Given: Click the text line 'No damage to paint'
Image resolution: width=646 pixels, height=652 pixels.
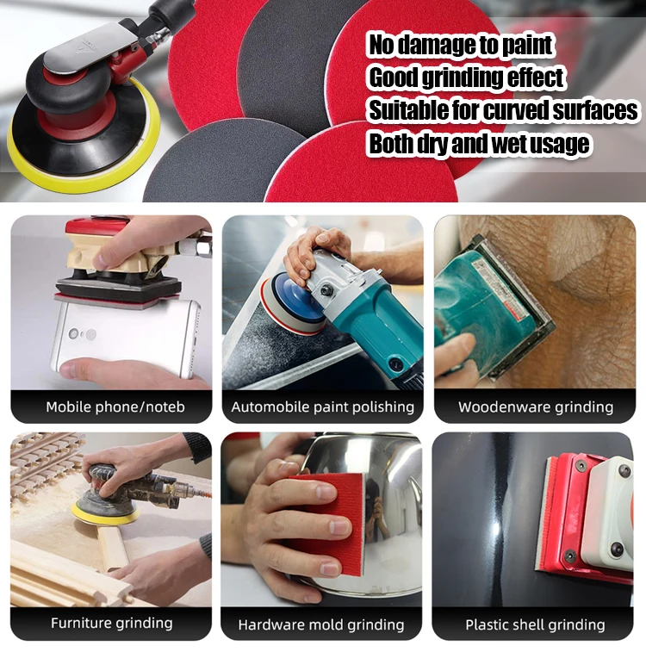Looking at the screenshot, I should click(461, 45).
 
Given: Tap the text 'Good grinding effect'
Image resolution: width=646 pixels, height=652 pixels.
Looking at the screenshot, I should click(466, 78).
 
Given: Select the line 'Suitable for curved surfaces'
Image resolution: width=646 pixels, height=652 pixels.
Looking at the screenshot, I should click(503, 110).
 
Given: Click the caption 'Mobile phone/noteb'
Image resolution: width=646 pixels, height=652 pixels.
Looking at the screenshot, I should click(115, 407).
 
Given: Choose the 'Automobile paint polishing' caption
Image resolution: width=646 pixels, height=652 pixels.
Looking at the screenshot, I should click(322, 407).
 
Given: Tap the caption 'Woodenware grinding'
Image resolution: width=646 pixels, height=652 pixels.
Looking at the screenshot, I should click(535, 407).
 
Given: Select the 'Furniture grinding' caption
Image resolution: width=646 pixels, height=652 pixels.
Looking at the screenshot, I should click(111, 623).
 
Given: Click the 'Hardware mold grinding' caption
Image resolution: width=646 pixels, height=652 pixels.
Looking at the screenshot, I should click(321, 624).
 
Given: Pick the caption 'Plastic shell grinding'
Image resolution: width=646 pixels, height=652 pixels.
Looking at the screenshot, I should click(535, 624).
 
